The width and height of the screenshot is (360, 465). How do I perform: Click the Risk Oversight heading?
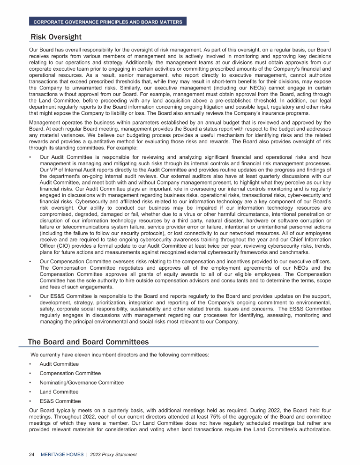coord(56,37)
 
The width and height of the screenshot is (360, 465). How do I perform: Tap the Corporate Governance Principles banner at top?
coord(107,22)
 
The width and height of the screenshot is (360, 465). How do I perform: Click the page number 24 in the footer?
coord(32,454)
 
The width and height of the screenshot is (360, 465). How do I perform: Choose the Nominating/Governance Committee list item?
coord(82,383)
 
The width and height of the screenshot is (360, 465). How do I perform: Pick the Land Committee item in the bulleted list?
coord(59,391)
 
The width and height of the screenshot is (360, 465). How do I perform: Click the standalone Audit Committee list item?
coord(59,364)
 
